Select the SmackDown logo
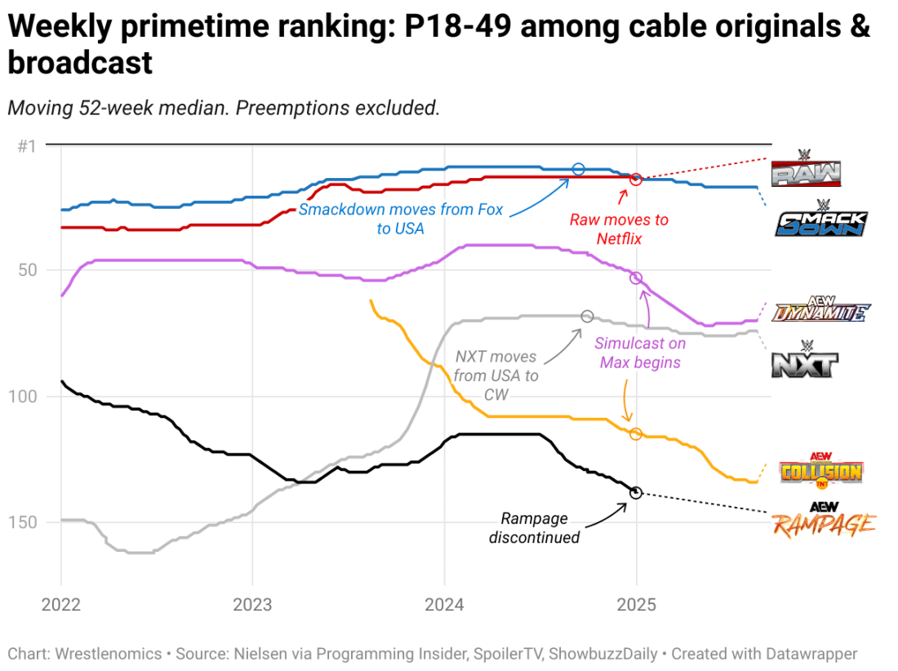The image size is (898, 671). [820, 219]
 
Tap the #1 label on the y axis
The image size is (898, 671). [27, 146]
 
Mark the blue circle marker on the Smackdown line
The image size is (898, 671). [579, 169]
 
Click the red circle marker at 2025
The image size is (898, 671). [636, 179]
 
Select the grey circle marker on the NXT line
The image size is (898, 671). [587, 316]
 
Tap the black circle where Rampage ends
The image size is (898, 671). [636, 492]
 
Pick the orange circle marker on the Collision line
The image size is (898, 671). [636, 433]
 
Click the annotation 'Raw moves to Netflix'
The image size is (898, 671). [619, 229]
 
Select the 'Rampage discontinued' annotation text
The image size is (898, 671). [534, 528]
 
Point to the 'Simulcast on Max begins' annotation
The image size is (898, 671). [640, 353]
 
